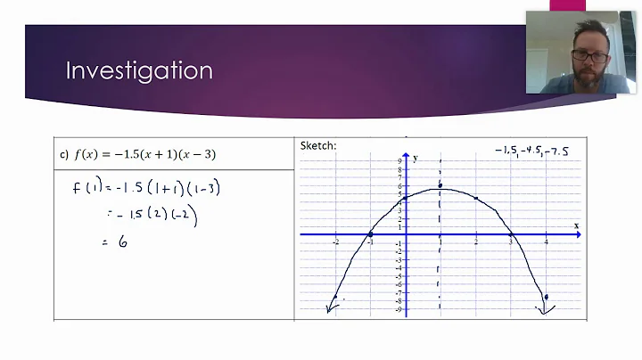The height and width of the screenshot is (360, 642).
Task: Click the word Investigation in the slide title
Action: (x=139, y=70)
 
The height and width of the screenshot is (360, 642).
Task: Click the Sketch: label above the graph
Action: (x=317, y=146)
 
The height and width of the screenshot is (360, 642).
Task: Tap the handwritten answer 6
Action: (x=122, y=241)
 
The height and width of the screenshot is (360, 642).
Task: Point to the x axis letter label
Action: (x=576, y=225)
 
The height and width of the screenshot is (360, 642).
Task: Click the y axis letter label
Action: (x=415, y=157)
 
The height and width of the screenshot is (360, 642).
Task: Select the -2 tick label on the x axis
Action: (x=335, y=242)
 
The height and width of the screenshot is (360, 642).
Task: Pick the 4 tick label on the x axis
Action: (x=546, y=242)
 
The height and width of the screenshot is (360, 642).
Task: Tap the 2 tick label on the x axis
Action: (x=476, y=242)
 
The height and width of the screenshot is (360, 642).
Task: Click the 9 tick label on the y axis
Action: (x=399, y=160)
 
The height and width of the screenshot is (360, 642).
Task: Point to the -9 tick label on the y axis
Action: (x=399, y=308)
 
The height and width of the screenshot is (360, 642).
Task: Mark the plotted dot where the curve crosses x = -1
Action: (x=370, y=234)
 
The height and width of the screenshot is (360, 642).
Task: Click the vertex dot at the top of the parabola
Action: (x=440, y=186)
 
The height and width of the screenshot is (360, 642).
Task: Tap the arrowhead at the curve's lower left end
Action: (x=331, y=309)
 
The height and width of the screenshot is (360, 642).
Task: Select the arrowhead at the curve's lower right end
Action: (x=544, y=310)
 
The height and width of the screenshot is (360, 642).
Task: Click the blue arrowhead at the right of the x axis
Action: (x=578, y=234)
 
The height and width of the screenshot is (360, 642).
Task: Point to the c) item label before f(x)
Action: (x=64, y=154)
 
